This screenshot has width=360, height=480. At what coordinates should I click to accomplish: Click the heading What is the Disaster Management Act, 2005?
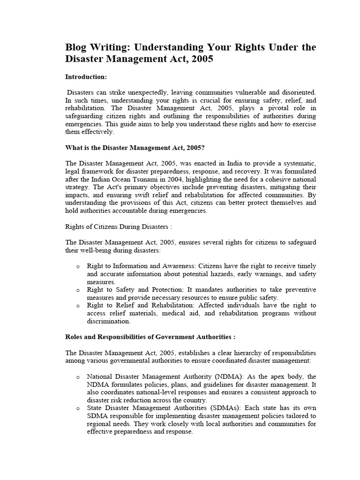point(135,147)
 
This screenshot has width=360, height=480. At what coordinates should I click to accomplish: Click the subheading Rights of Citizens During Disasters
point(118,226)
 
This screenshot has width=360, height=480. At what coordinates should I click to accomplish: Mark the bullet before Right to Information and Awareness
point(77,266)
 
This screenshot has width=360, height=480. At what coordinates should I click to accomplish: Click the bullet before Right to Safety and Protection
point(77,290)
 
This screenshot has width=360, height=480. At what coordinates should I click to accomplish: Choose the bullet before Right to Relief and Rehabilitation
point(77,306)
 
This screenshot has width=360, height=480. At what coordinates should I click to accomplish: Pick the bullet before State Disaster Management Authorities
point(77,409)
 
